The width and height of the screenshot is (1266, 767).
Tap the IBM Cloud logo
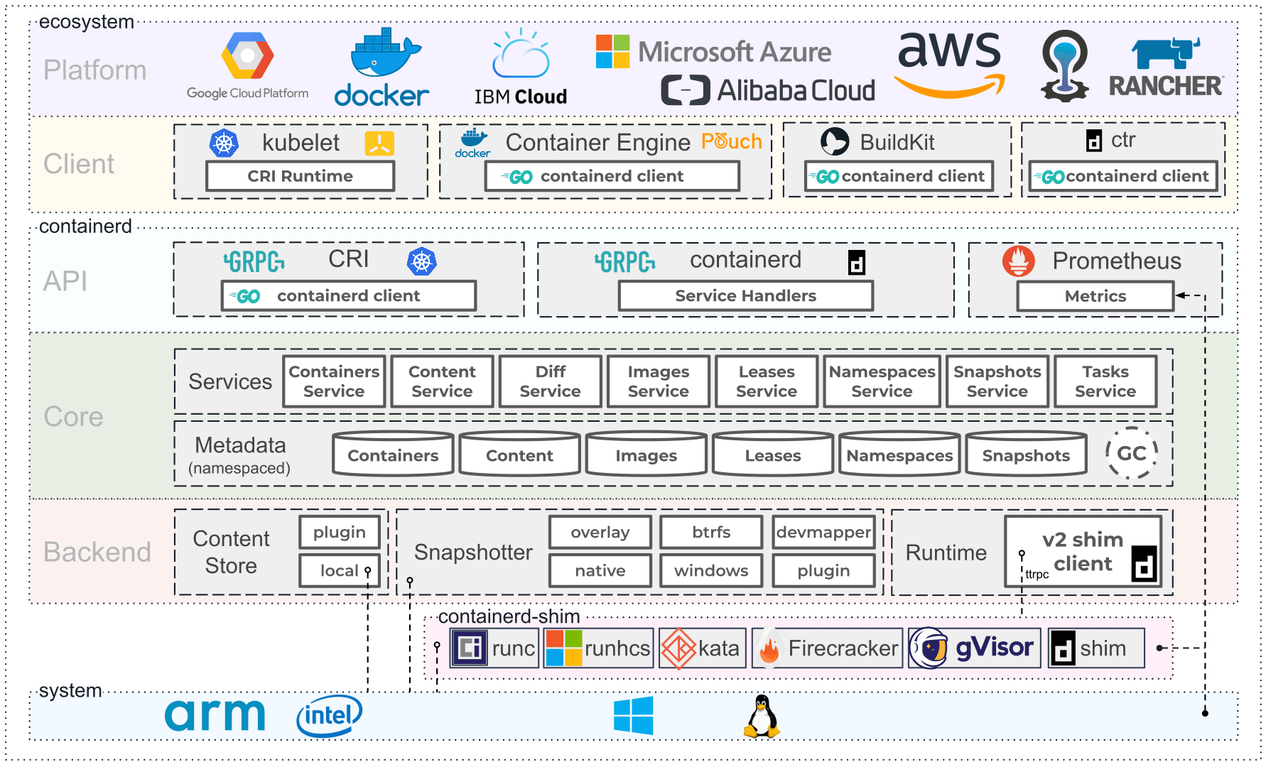tap(521, 67)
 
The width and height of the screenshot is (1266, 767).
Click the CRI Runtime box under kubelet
tap(300, 176)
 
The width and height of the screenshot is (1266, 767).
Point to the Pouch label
tap(731, 141)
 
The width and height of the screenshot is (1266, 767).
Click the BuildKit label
tap(897, 142)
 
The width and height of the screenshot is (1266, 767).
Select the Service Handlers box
tap(745, 295)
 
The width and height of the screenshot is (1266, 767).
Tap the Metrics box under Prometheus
tap(1095, 296)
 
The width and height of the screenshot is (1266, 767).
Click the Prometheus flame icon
tap(1018, 261)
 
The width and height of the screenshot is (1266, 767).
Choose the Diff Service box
tap(550, 381)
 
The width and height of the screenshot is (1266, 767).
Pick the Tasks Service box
tap(1105, 381)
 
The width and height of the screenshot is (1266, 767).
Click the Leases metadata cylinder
tap(772, 455)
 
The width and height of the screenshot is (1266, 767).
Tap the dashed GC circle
tap(1131, 453)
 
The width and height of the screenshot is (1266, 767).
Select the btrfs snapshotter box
tap(711, 532)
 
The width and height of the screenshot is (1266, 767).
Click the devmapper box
tap(823, 532)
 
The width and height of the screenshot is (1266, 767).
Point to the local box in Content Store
tap(340, 570)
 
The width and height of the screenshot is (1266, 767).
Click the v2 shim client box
tap(1082, 551)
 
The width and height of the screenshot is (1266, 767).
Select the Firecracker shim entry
tap(827, 648)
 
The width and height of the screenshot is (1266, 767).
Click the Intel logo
tap(329, 715)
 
